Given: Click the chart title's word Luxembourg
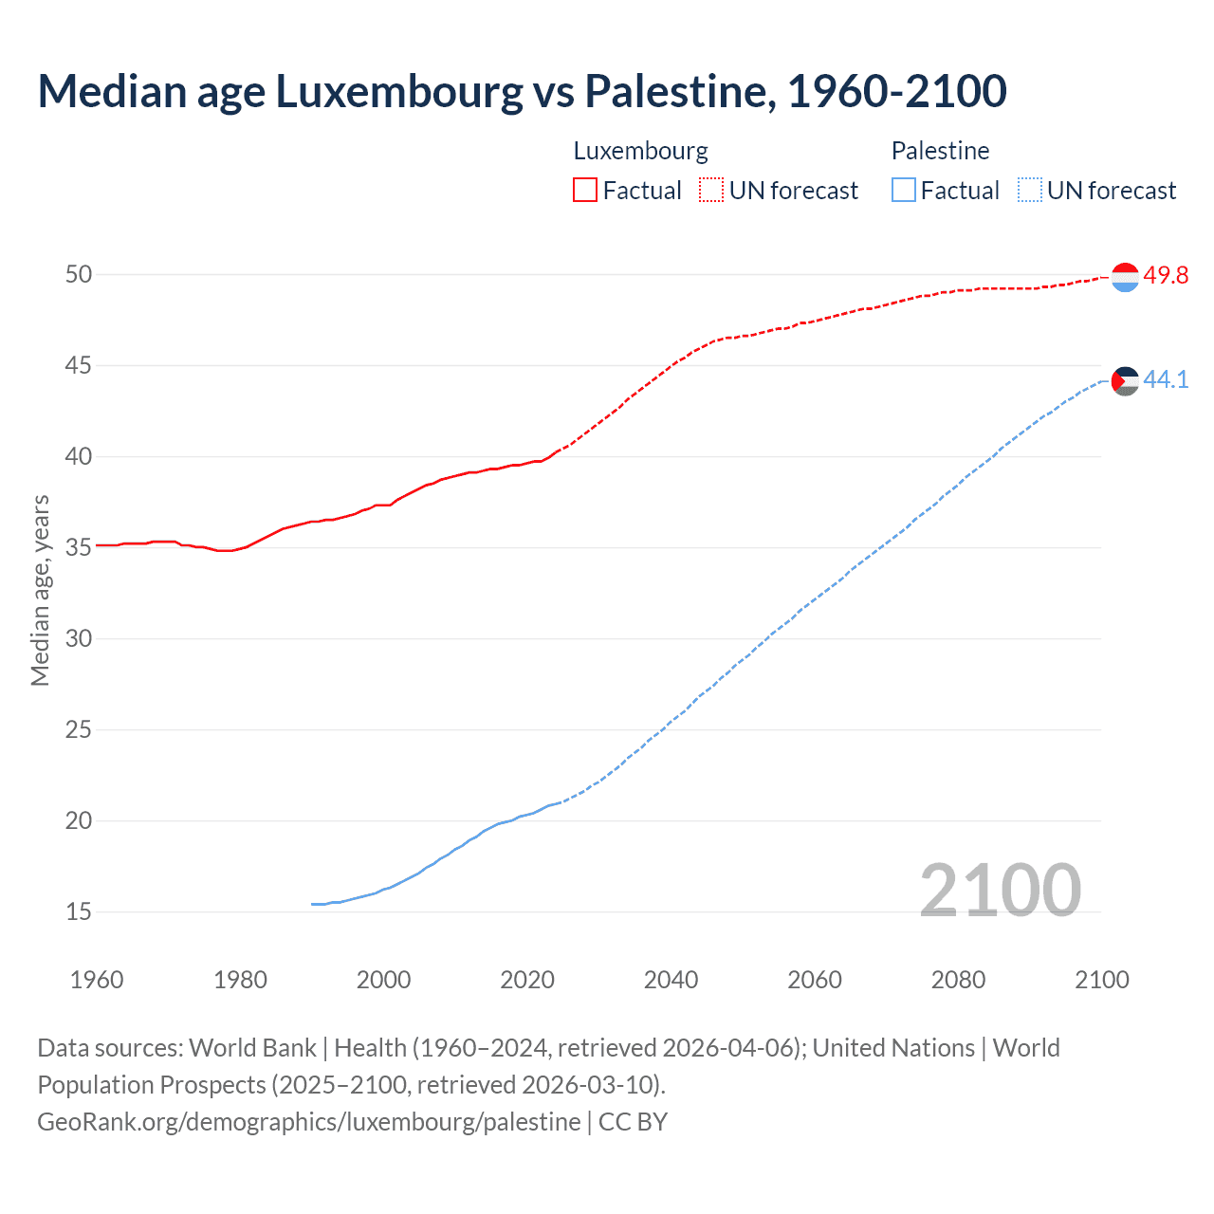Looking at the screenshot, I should pyautogui.click(x=398, y=91).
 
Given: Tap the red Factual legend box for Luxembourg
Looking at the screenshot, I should pyautogui.click(x=585, y=191).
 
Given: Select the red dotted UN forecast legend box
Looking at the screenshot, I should pyautogui.click(x=711, y=191).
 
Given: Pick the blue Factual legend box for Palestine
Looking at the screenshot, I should pyautogui.click(x=904, y=191).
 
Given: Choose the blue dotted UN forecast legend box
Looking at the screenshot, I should pyautogui.click(x=1030, y=191).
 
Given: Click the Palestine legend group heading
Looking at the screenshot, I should pyautogui.click(x=940, y=151).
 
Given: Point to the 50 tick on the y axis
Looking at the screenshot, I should pyautogui.click(x=79, y=275).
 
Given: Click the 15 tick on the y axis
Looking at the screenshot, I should pyautogui.click(x=79, y=912).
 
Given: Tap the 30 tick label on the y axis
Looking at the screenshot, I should pyautogui.click(x=79, y=639).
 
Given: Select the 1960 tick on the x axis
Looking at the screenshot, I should pyautogui.click(x=97, y=980).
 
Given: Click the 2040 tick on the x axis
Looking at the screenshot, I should pyautogui.click(x=671, y=980).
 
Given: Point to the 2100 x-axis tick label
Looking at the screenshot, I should pyautogui.click(x=1101, y=980).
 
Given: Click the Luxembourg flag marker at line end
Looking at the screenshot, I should pyautogui.click(x=1125, y=277).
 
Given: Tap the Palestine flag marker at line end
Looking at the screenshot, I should pyautogui.click(x=1125, y=381).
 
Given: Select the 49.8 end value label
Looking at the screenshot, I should pyautogui.click(x=1166, y=276).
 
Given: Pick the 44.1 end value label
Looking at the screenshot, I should pyautogui.click(x=1166, y=380).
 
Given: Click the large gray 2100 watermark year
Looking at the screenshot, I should pyautogui.click(x=1000, y=890).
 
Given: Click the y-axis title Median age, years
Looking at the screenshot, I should pyautogui.click(x=40, y=590).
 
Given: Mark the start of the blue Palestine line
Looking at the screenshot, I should pyautogui.click(x=313, y=904).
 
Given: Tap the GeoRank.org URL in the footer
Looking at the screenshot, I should pyautogui.click(x=308, y=1122).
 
